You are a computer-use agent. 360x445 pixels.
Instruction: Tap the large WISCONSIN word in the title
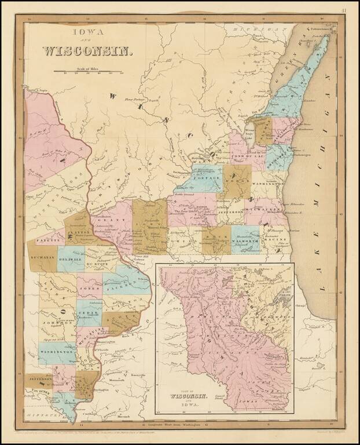point(87,50)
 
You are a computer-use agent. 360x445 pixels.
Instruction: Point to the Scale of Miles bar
point(88,72)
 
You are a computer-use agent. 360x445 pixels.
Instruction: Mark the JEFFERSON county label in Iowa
point(38,377)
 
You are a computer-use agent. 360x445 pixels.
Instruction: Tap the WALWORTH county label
point(245,240)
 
